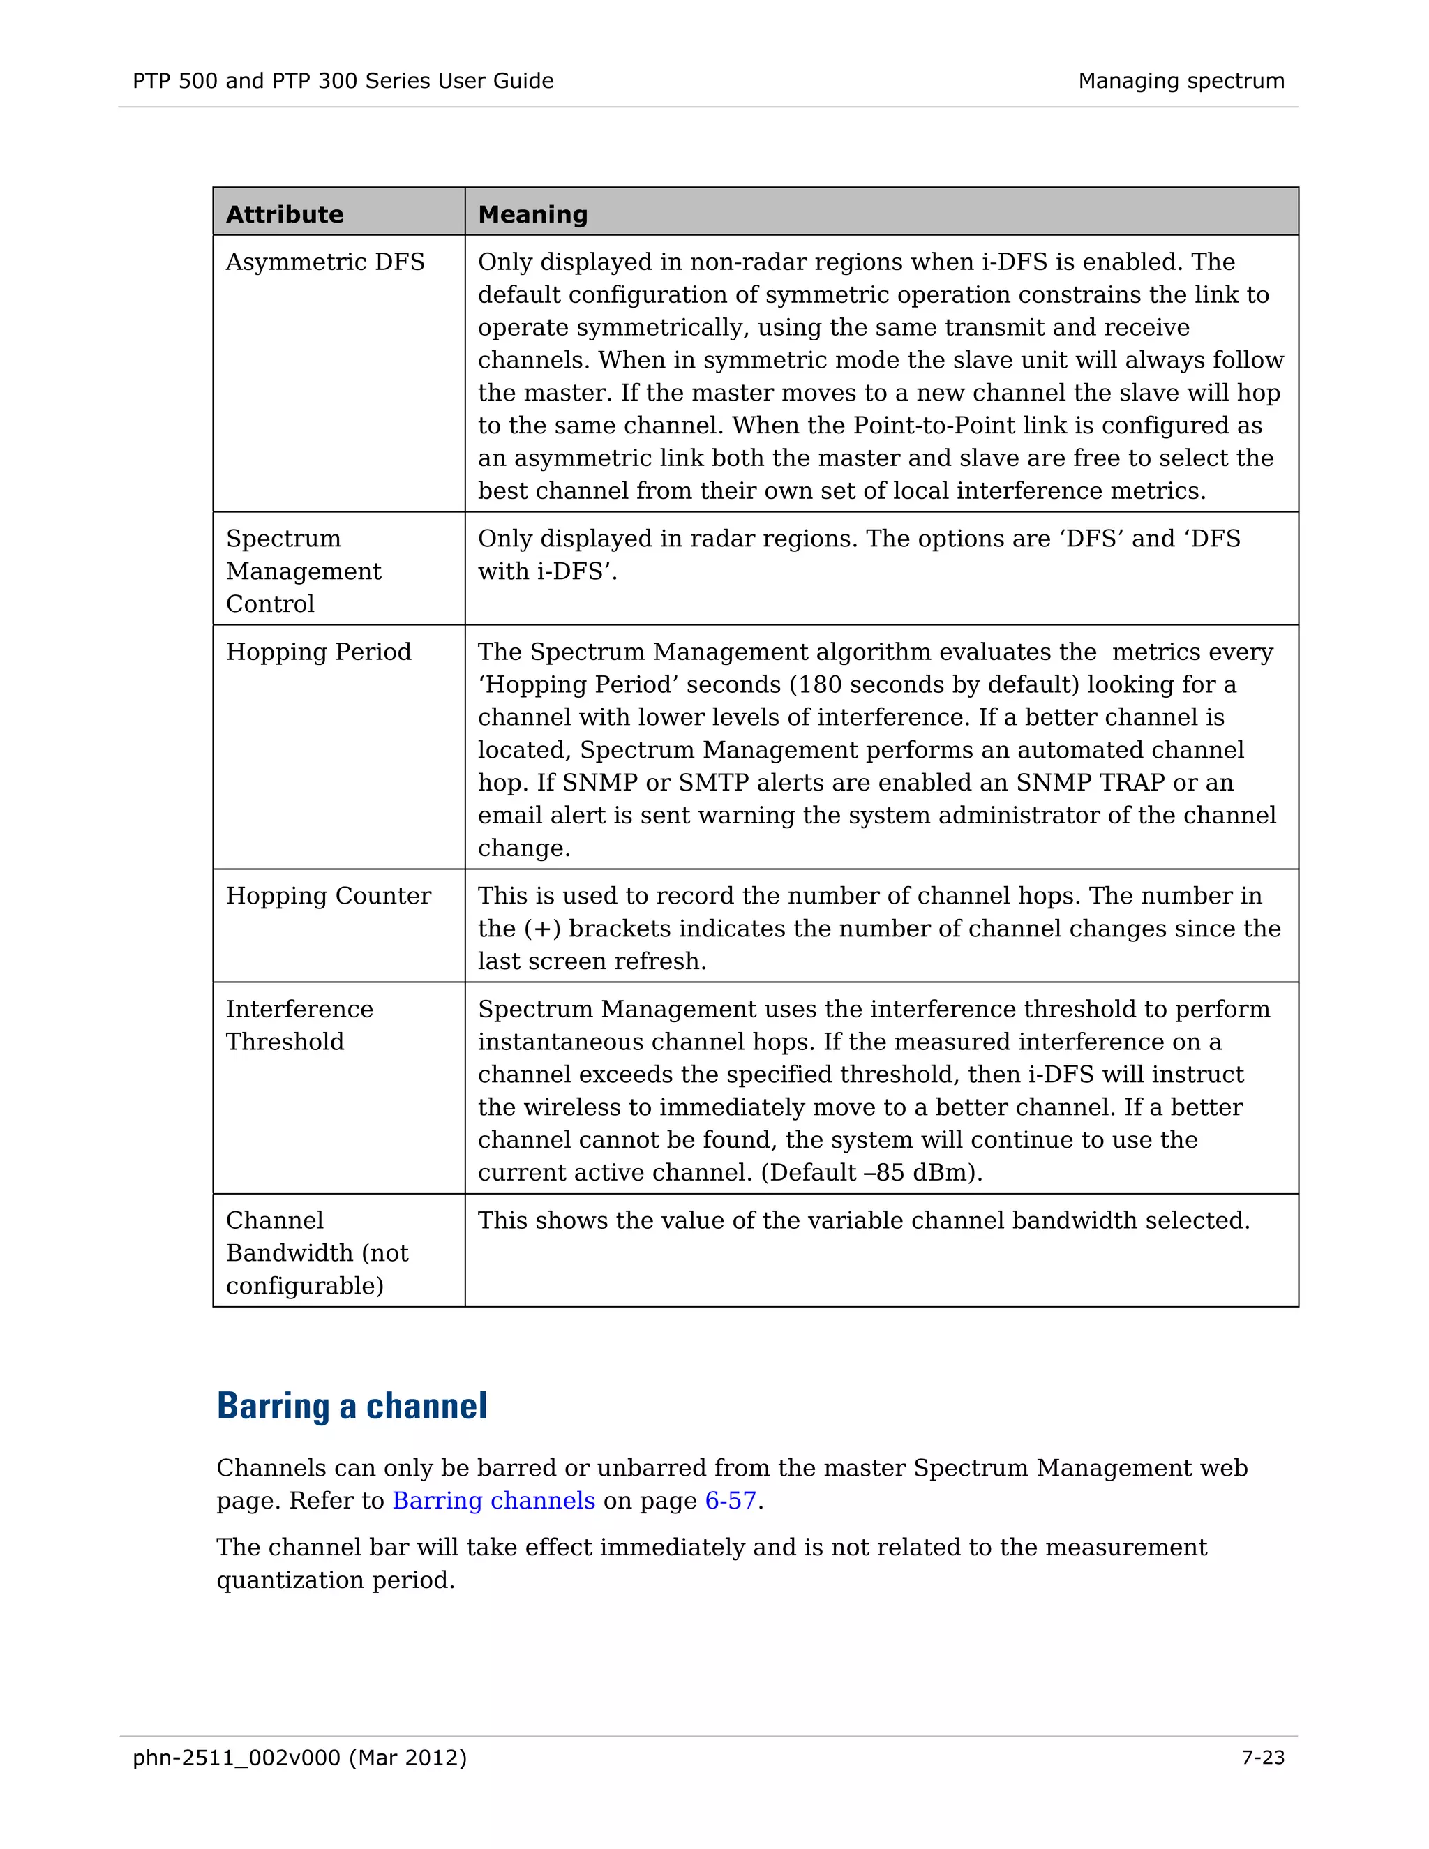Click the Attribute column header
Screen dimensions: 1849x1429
pos(285,214)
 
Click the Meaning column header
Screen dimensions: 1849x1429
pos(532,214)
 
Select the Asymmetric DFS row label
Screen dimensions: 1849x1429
pos(325,262)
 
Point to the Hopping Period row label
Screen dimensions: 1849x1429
pos(318,652)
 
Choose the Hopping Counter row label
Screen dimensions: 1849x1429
pos(329,896)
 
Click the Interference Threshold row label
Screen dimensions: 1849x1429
pos(299,1025)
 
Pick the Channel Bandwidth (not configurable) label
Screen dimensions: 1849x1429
pos(317,1253)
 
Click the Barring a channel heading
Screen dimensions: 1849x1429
pos(352,1406)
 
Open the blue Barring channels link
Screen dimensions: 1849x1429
pos(493,1500)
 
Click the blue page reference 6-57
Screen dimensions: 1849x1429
pos(730,1500)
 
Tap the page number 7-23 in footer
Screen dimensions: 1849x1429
pos(1262,1758)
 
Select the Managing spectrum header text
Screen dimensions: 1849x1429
pos(1181,81)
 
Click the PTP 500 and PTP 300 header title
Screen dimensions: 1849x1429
pos(343,81)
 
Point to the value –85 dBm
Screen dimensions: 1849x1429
pos(925,1173)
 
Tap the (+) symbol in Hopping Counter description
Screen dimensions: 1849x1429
pos(541,929)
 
